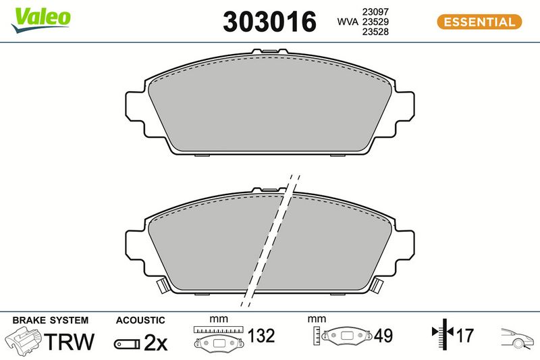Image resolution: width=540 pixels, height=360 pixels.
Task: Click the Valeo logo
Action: point(40,20)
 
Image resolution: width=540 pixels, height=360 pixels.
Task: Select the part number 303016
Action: point(269,22)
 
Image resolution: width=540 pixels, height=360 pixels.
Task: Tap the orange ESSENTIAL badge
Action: point(479,22)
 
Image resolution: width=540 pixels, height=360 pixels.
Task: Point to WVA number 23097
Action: point(375,11)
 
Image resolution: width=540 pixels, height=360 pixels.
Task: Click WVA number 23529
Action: point(375,22)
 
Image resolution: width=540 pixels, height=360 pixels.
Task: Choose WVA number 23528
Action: point(375,32)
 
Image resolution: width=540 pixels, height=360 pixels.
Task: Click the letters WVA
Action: point(348,22)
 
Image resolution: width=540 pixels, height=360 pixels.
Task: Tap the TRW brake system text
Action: point(70,341)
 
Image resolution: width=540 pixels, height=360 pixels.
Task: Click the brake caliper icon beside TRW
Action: point(24,339)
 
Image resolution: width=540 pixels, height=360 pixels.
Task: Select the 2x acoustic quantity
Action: point(155,342)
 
